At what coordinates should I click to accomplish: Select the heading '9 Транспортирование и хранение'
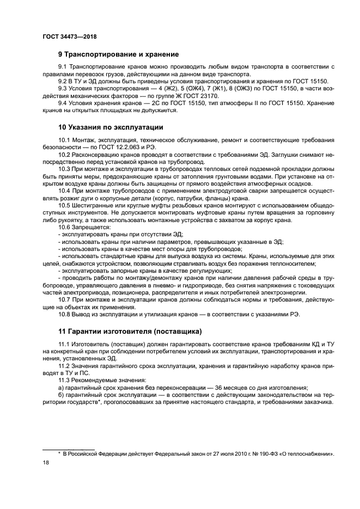119,54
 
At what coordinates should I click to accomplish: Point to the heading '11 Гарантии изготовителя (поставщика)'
130,331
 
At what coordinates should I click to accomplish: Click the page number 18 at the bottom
45,462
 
